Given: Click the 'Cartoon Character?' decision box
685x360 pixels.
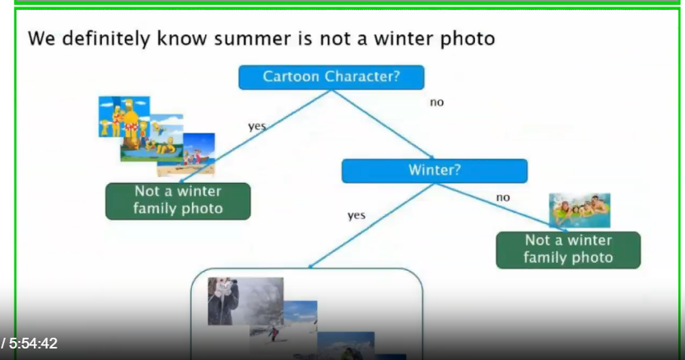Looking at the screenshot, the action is [331, 77].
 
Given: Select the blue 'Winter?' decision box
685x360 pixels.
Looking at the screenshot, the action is [434, 171].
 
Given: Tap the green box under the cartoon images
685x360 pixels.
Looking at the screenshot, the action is [178, 201].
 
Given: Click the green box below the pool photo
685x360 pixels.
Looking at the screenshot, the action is [568, 250].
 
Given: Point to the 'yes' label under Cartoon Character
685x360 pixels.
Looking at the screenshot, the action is [257, 126].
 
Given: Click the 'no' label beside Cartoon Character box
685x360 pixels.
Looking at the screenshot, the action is [437, 102].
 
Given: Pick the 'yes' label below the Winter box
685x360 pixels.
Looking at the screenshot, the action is [356, 215].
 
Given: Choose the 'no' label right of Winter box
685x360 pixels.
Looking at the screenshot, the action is [503, 198].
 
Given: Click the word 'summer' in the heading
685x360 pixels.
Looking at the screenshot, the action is [252, 39].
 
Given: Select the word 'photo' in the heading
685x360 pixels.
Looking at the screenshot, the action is [467, 40].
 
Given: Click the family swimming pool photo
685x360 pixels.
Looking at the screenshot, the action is [580, 210].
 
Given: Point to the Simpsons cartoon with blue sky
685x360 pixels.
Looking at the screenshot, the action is [124, 117].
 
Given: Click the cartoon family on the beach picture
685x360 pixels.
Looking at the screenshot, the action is [198, 154].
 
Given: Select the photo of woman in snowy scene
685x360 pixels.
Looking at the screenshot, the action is [245, 301].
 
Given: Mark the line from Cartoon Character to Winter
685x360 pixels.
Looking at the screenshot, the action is [382, 124].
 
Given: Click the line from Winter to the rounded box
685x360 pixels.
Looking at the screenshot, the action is [371, 226].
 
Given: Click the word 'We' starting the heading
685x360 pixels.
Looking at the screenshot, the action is [41, 39].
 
